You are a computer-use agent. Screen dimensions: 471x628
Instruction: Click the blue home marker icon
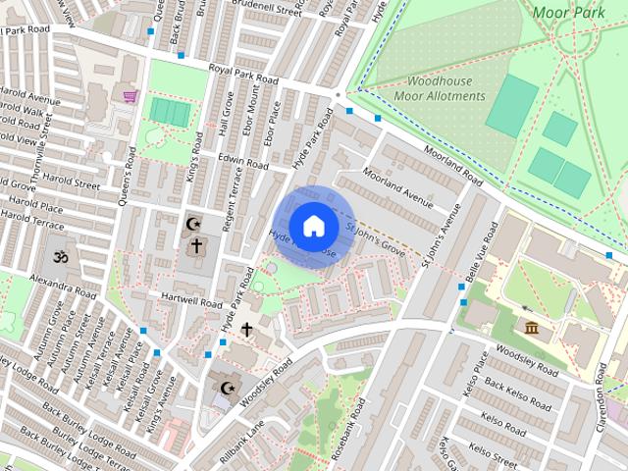tap(312, 226)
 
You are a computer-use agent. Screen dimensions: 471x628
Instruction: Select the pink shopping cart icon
tap(130, 95)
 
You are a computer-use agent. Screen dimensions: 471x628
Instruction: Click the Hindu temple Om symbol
tap(56, 255)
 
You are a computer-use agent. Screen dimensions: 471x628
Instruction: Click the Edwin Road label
tap(243, 161)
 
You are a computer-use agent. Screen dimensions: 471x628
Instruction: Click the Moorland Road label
tap(452, 167)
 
